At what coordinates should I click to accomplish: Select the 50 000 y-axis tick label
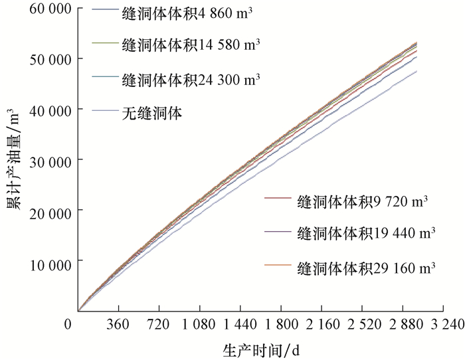(50, 59)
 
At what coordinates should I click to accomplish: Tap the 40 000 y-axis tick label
(50, 110)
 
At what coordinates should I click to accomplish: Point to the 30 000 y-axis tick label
(50, 160)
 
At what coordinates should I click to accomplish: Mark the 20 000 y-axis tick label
(50, 211)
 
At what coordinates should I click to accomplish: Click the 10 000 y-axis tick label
(50, 261)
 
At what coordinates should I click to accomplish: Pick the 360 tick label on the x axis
(118, 324)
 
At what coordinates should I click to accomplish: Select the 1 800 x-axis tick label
(280, 324)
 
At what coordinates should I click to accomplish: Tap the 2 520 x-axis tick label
(361, 324)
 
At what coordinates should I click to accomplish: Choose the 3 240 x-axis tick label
(442, 324)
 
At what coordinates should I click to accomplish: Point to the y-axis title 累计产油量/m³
(13, 161)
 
